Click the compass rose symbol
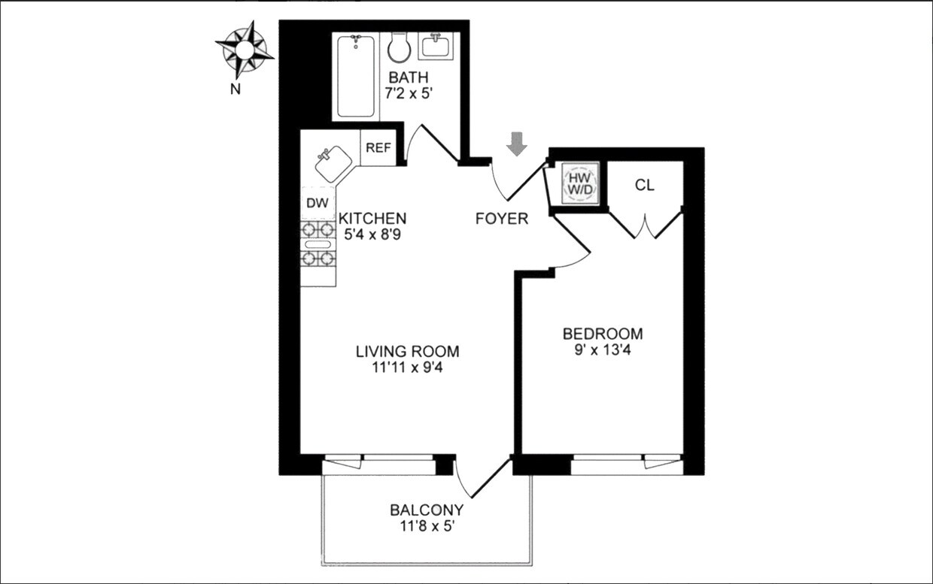click(x=245, y=50)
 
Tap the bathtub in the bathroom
click(x=356, y=76)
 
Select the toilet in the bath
click(x=399, y=48)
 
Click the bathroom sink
click(x=436, y=47)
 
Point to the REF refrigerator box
click(x=378, y=148)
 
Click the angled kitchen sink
click(x=333, y=163)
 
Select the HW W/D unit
click(x=581, y=183)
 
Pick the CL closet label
click(x=645, y=185)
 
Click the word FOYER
click(x=502, y=219)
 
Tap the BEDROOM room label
click(x=603, y=334)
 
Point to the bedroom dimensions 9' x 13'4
click(x=603, y=349)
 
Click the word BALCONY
click(x=427, y=510)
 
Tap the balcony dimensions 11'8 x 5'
click(x=427, y=526)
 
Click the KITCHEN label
click(x=372, y=218)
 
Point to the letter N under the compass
click(x=236, y=89)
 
